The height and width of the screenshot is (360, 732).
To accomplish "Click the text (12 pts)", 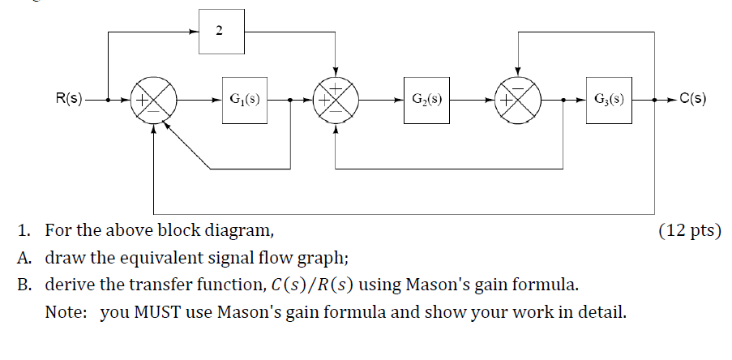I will click(x=689, y=231).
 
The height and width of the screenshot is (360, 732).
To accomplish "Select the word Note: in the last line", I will click(x=67, y=312).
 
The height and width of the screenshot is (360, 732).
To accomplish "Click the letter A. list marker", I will click(x=24, y=259).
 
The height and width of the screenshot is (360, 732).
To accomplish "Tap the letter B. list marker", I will click(x=24, y=285).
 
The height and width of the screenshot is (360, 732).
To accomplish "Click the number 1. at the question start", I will click(x=25, y=231).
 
